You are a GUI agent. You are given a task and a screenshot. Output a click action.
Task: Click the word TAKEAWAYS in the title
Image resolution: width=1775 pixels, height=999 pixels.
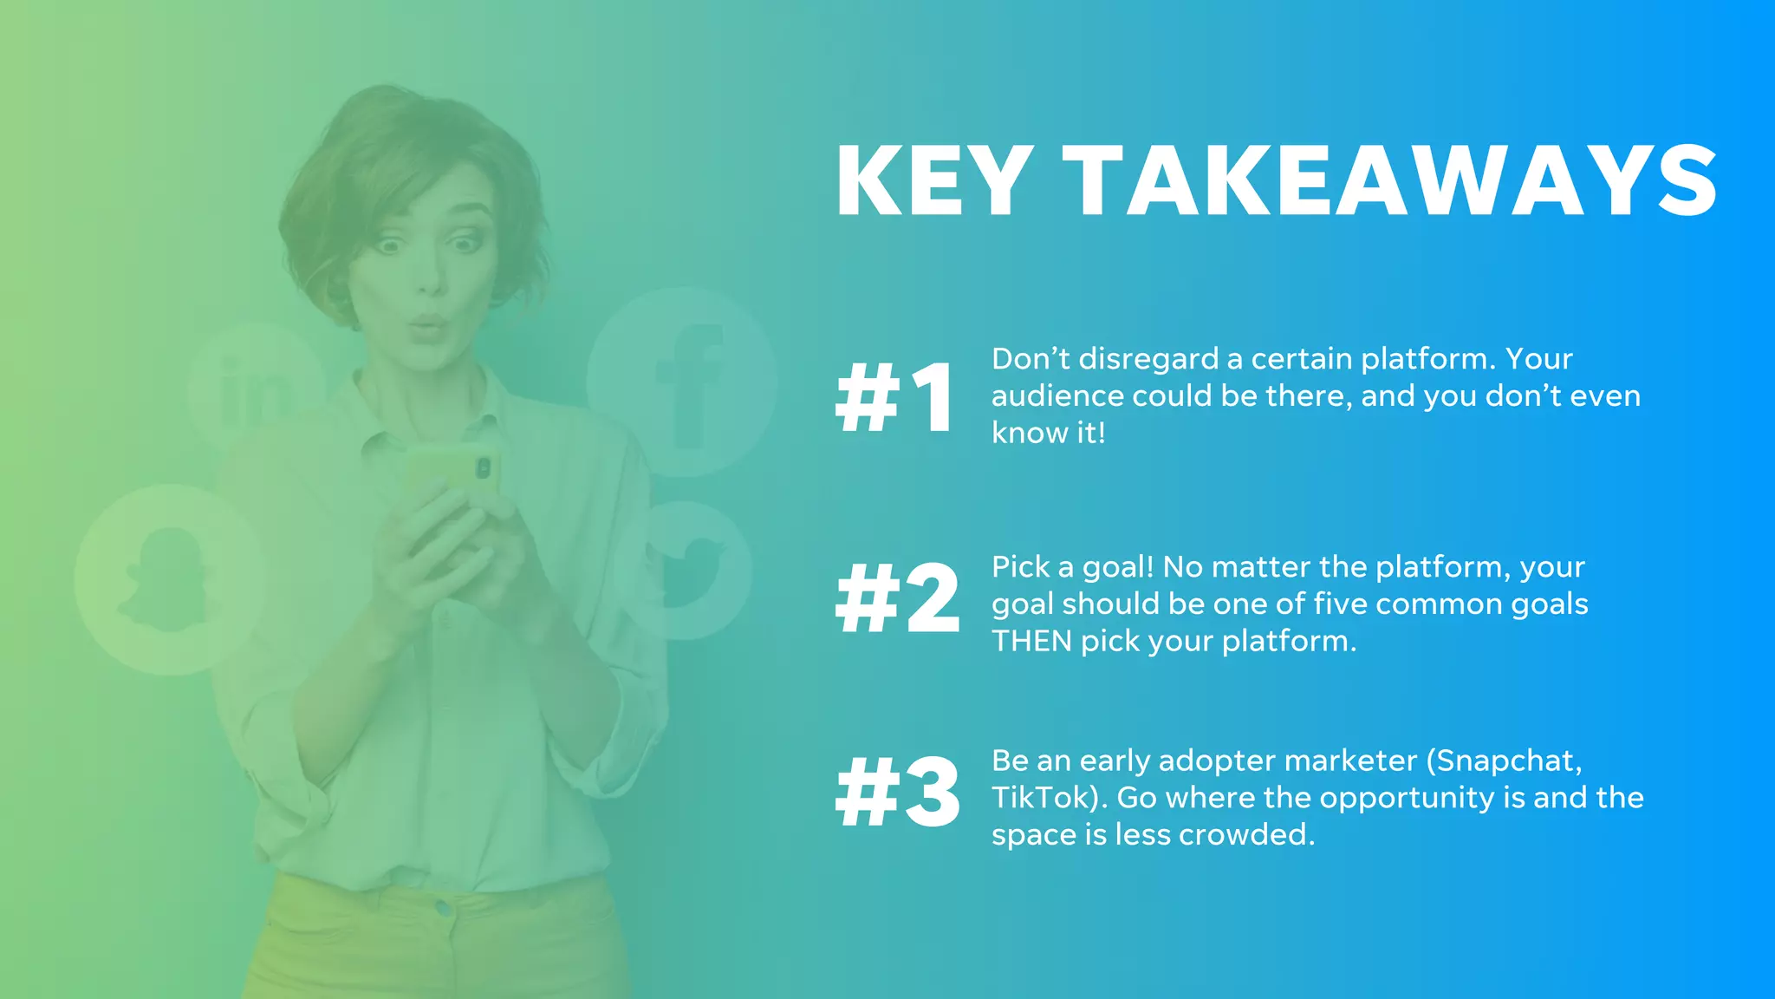point(1390,182)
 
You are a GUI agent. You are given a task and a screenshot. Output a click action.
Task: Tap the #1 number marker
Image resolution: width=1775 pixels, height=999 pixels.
point(895,398)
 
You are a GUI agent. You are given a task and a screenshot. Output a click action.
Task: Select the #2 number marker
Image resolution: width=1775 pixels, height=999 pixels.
point(897,598)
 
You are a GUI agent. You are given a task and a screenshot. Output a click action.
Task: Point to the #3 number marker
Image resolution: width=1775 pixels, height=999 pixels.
point(897,792)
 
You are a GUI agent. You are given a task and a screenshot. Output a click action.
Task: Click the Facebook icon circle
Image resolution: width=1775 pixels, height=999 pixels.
point(682,382)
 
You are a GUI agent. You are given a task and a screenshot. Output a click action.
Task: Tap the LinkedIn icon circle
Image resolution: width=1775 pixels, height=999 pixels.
point(257,387)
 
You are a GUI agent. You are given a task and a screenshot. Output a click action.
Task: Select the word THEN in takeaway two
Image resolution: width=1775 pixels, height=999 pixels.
point(1031,642)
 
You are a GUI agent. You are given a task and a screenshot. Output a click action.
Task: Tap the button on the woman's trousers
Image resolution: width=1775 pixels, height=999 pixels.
point(444,909)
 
